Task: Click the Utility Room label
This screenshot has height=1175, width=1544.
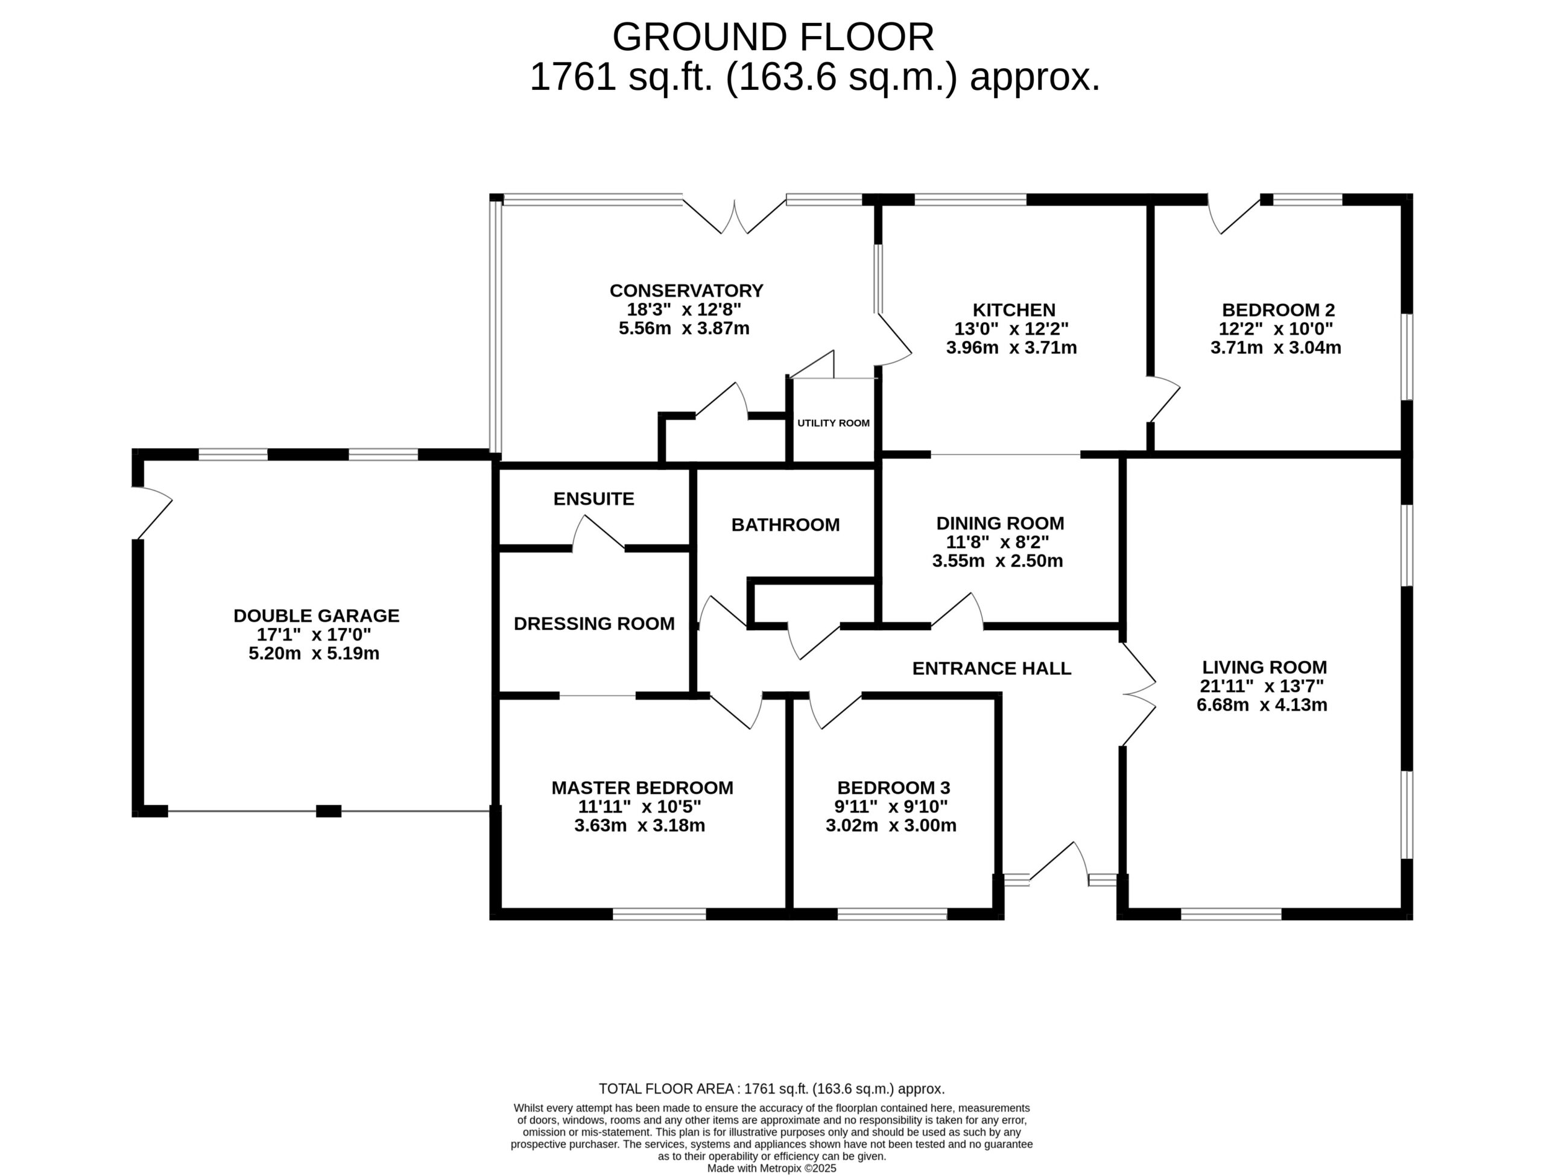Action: pyautogui.click(x=834, y=423)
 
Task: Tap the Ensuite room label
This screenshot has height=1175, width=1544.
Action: pyautogui.click(x=593, y=499)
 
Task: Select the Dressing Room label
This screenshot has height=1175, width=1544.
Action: pyautogui.click(x=595, y=623)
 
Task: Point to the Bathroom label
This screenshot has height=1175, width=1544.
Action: pyautogui.click(x=785, y=525)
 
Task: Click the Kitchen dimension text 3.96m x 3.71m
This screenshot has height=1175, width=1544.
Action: pyautogui.click(x=1011, y=347)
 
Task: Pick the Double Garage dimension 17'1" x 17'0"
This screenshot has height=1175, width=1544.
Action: pyautogui.click(x=314, y=635)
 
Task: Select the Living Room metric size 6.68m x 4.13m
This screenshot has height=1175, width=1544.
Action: pyautogui.click(x=1262, y=705)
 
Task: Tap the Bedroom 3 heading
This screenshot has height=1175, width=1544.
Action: pyautogui.click(x=894, y=788)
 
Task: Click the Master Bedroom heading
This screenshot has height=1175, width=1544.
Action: pyautogui.click(x=643, y=788)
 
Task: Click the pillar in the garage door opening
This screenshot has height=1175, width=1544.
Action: pyautogui.click(x=329, y=811)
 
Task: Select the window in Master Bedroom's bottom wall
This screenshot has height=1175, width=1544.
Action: pyautogui.click(x=659, y=914)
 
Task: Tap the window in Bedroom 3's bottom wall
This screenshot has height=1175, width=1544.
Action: pyautogui.click(x=892, y=914)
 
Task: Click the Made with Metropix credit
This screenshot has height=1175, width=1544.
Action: pyautogui.click(x=772, y=1168)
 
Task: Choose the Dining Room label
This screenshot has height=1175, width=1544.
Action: pyautogui.click(x=1000, y=523)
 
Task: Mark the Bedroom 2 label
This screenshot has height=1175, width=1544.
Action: pyautogui.click(x=1278, y=310)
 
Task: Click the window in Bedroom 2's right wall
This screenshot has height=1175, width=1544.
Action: pyautogui.click(x=1407, y=356)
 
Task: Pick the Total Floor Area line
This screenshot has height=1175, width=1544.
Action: pyautogui.click(x=772, y=1089)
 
